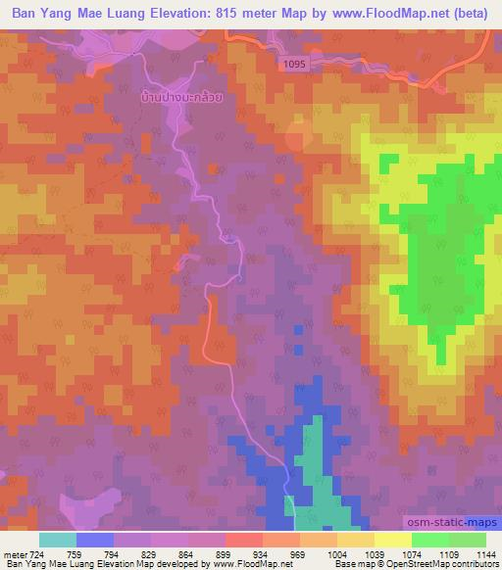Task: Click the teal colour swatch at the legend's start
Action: (x=58, y=540)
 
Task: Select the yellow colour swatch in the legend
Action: (x=393, y=540)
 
